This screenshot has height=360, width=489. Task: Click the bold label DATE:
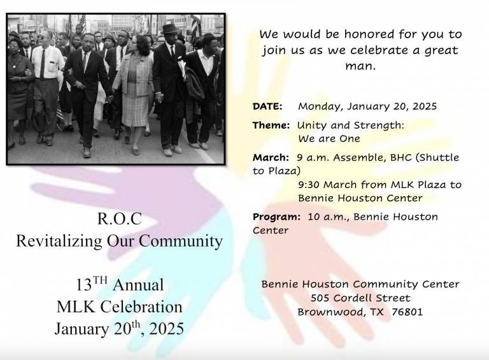[x=267, y=106]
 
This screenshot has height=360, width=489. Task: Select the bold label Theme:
[x=271, y=126]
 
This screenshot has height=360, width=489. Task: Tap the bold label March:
[x=271, y=157]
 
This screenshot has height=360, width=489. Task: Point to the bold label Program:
[x=276, y=217]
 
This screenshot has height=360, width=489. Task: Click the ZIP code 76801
[x=407, y=312]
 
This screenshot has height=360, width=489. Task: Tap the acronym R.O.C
[x=120, y=219]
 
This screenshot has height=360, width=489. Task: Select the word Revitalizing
[x=59, y=241]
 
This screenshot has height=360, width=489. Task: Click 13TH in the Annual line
[x=92, y=284]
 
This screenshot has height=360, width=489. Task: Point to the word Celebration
[x=141, y=306]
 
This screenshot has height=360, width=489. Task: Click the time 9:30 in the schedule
[x=309, y=185]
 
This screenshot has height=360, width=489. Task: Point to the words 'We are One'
[x=329, y=139]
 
